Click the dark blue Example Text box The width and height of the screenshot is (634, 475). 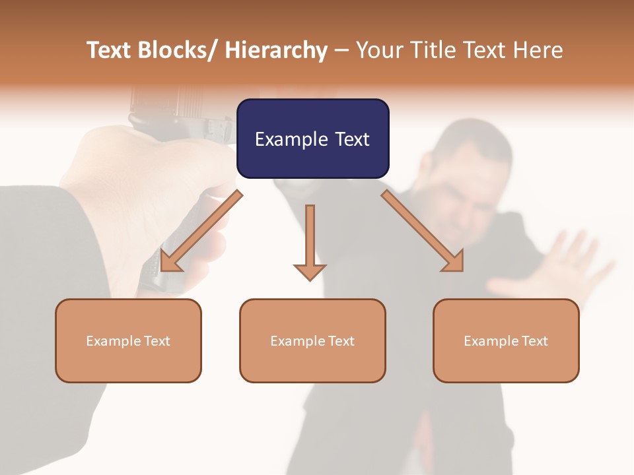pyautogui.click(x=312, y=139)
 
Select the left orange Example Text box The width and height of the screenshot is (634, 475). pyautogui.click(x=128, y=340)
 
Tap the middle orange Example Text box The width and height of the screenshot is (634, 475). pyautogui.click(x=312, y=340)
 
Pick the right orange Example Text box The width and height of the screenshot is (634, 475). pyautogui.click(x=506, y=340)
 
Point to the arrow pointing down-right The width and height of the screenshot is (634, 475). pyautogui.click(x=423, y=231)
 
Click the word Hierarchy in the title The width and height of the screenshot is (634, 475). pyautogui.click(x=276, y=50)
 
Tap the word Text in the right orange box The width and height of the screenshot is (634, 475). pyautogui.click(x=534, y=340)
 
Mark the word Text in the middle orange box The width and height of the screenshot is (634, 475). pyautogui.click(x=341, y=340)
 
